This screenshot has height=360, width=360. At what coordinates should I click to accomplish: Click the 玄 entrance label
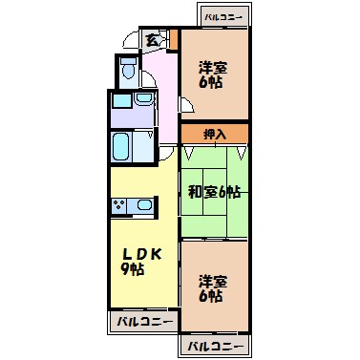point(153,39)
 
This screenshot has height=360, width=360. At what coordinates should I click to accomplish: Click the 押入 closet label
point(215,134)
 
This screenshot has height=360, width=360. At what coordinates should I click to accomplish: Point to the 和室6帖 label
point(214,191)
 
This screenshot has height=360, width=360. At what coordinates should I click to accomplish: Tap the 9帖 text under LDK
point(133,271)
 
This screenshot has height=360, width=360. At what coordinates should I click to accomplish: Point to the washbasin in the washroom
point(144,100)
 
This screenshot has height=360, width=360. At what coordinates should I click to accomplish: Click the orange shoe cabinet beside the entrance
point(173,39)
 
